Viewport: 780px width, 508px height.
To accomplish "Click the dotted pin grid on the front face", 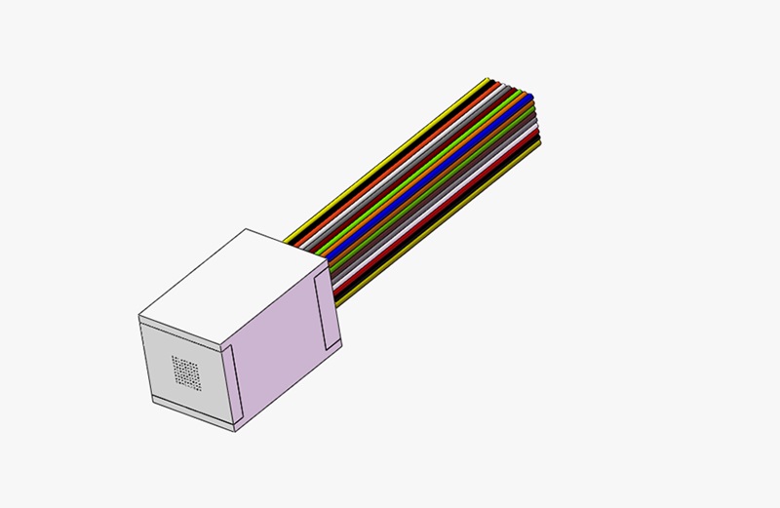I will click(185, 371).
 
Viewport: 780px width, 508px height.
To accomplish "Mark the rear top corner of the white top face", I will click(246, 229).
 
